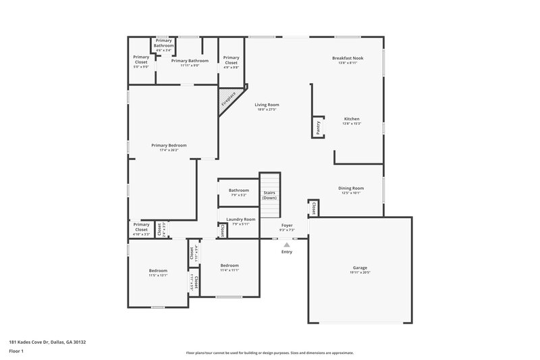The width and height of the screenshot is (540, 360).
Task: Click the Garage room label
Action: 360,269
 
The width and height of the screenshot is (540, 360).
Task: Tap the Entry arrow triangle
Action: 287,245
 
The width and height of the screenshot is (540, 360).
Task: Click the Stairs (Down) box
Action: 270,195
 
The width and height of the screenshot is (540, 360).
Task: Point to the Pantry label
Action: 317,126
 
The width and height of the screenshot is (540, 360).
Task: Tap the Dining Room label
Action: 351,190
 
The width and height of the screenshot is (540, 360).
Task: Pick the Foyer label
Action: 287,227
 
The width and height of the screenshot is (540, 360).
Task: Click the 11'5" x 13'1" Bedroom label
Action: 158,272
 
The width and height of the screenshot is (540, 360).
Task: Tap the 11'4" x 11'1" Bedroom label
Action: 230,267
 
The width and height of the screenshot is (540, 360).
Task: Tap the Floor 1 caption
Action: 16,352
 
